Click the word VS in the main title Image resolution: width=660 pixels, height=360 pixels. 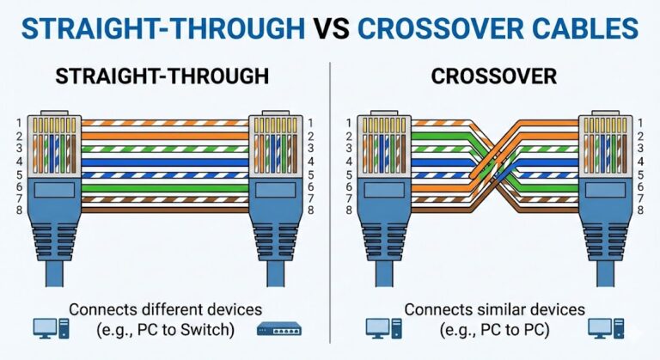tap(329, 27)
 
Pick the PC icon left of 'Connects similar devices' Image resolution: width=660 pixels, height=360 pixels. tap(379, 327)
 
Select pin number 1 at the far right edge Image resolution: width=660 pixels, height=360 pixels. tap(649, 123)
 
